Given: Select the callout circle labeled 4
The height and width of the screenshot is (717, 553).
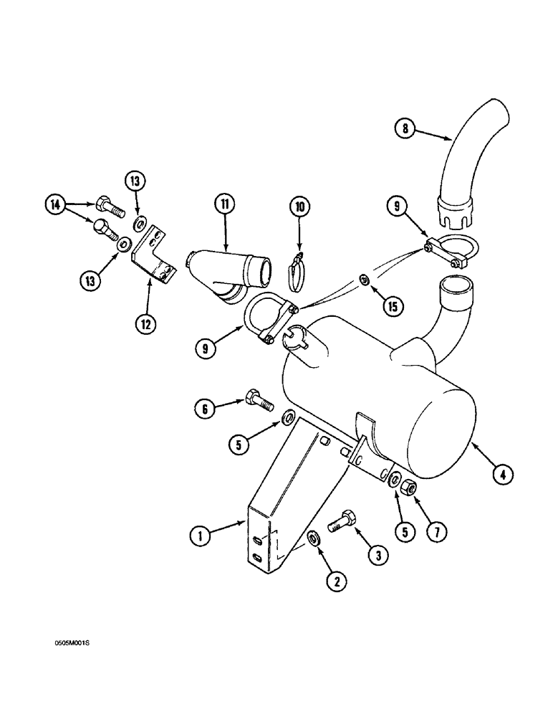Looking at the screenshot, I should pos(504,473).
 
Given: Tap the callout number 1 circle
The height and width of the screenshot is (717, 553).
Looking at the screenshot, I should pos(202,534).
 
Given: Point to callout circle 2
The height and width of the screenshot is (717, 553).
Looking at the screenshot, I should pos(332,581).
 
